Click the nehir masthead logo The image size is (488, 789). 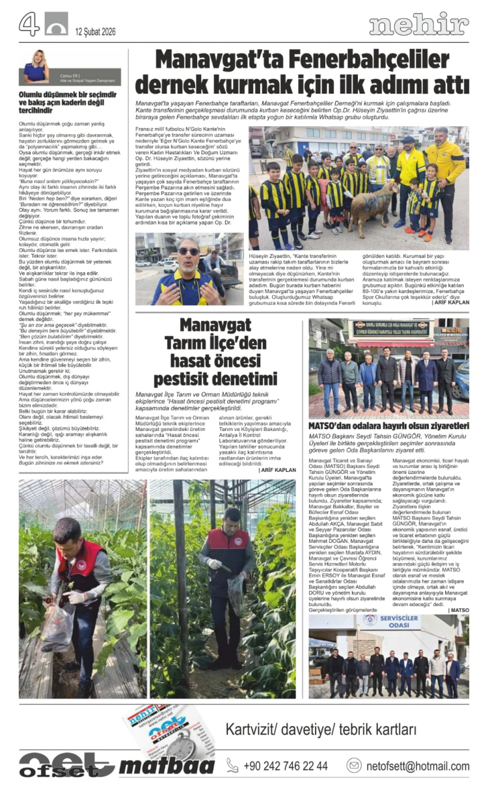[419, 25]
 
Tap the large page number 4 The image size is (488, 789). [29, 25]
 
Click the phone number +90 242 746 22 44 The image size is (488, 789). [286, 766]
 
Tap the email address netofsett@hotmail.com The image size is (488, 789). [416, 766]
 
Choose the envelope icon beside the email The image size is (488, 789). [354, 766]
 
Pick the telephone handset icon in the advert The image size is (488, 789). [232, 766]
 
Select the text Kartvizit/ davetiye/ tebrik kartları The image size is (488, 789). [321, 729]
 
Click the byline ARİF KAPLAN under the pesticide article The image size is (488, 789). [278, 469]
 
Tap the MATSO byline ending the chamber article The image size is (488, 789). [459, 609]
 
